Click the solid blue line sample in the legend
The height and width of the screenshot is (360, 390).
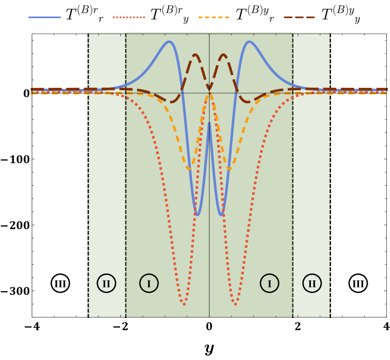pyautogui.click(x=45, y=17)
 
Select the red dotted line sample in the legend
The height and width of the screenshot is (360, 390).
pyautogui.click(x=129, y=17)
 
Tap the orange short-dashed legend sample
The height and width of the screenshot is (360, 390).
pyautogui.click(x=214, y=17)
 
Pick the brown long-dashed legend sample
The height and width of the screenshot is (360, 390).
pyautogui.click(x=299, y=17)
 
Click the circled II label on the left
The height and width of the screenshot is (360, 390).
pyautogui.click(x=106, y=283)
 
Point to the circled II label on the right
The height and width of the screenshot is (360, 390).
pyautogui.click(x=312, y=283)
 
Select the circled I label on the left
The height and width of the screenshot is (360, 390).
pyautogui.click(x=149, y=283)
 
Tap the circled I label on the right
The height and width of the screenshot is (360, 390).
pyautogui.click(x=269, y=283)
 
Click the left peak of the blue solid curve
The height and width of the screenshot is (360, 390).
pyautogui.click(x=169, y=41)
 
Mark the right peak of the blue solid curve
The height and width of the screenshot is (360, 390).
pyautogui.click(x=249, y=41)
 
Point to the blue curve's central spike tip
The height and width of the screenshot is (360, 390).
pyautogui.click(x=209, y=122)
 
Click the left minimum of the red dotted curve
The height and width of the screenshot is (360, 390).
pyautogui.click(x=184, y=305)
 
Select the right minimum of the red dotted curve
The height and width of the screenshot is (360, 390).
pyautogui.click(x=235, y=305)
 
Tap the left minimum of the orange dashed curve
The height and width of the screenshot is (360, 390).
pyautogui.click(x=189, y=168)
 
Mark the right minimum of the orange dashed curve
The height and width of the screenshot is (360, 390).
pyautogui.click(x=229, y=168)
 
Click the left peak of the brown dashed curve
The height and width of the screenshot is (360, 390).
pyautogui.click(x=195, y=54)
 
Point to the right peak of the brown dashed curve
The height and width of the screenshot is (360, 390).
pyautogui.click(x=223, y=54)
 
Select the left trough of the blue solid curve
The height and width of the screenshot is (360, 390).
pyautogui.click(x=198, y=215)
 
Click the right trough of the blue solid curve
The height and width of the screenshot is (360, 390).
pyautogui.click(x=221, y=215)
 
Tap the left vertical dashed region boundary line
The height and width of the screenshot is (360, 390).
pyautogui.click(x=126, y=186)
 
